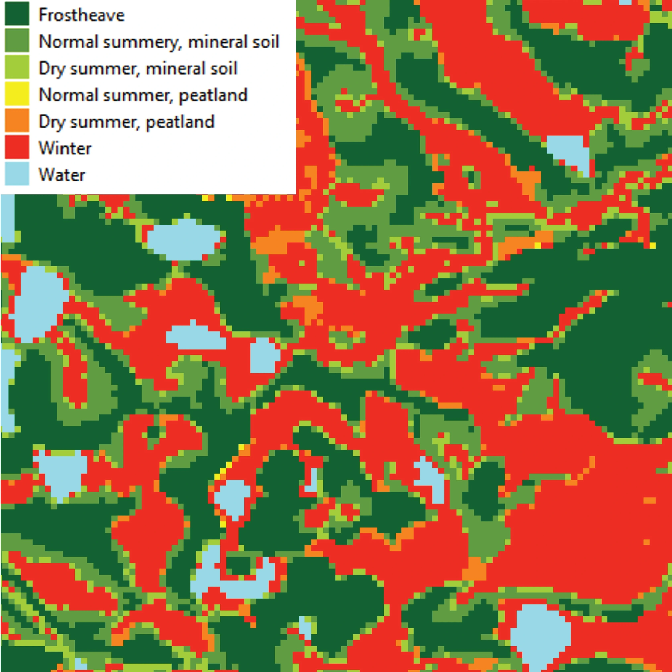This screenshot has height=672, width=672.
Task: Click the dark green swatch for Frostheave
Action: pyautogui.click(x=17, y=14)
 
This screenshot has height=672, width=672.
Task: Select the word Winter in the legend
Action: pyautogui.click(x=65, y=148)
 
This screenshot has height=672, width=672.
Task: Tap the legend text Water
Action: pyautogui.click(x=62, y=175)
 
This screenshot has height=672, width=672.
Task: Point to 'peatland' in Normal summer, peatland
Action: pyautogui.click(x=213, y=95)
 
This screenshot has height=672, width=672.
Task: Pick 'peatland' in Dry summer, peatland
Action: pyautogui.click(x=180, y=122)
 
